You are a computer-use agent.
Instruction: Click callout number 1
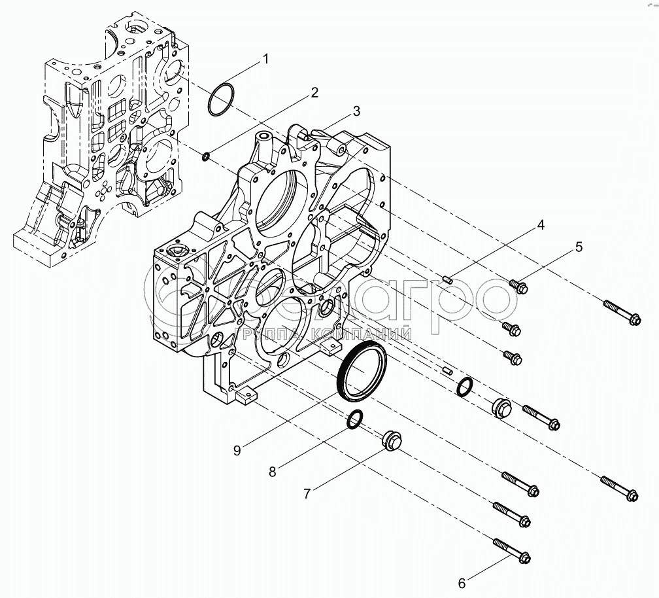click(265, 60)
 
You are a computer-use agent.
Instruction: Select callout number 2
click(314, 92)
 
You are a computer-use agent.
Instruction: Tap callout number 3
click(356, 111)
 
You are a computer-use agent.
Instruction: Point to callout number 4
click(540, 226)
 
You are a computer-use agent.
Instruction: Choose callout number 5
click(579, 247)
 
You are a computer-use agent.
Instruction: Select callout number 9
click(237, 449)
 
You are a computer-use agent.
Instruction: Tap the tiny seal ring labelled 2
click(205, 156)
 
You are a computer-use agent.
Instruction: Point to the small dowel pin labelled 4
click(448, 280)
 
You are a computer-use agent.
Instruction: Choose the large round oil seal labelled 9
click(360, 373)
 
